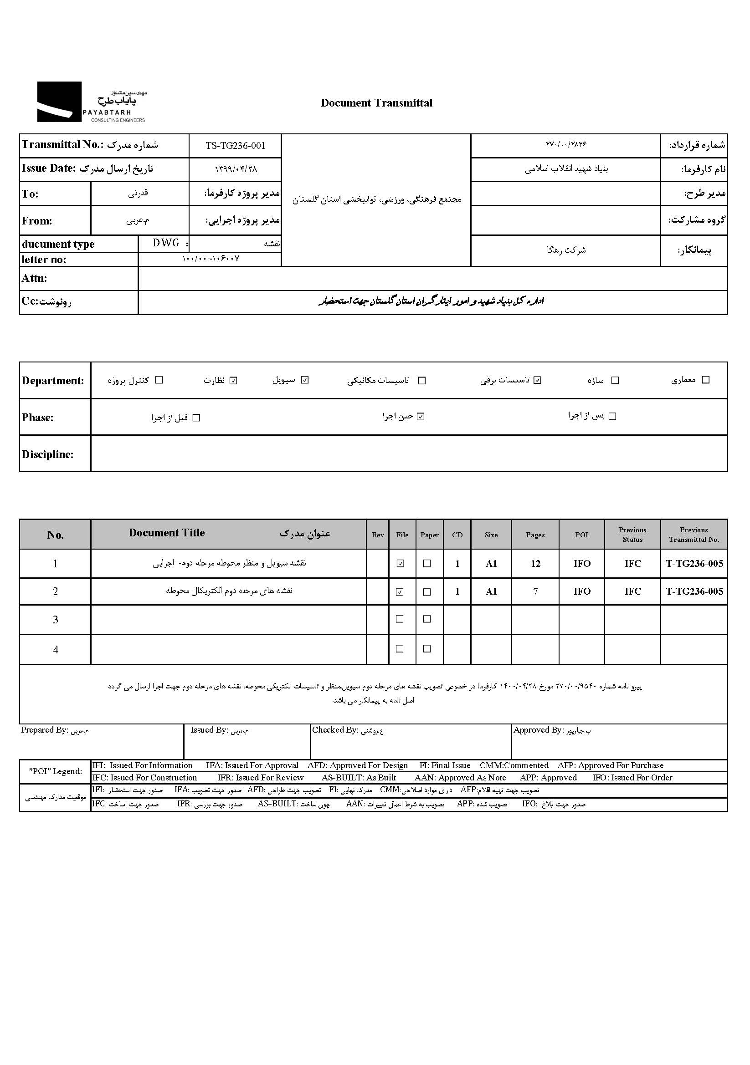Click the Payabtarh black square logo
click(59, 102)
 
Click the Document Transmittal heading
click(376, 103)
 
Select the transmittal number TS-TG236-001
click(235, 146)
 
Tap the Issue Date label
click(48, 168)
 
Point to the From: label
click(36, 221)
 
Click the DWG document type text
click(166, 243)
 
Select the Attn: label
click(34, 278)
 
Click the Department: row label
click(53, 381)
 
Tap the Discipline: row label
click(47, 454)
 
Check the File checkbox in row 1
click(400, 564)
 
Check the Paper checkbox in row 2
click(427, 592)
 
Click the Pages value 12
click(535, 564)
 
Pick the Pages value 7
click(535, 591)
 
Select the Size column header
click(491, 535)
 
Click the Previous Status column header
click(632, 535)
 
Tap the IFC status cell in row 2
click(632, 591)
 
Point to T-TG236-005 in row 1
click(694, 564)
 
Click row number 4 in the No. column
click(55, 649)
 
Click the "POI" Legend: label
click(55, 771)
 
